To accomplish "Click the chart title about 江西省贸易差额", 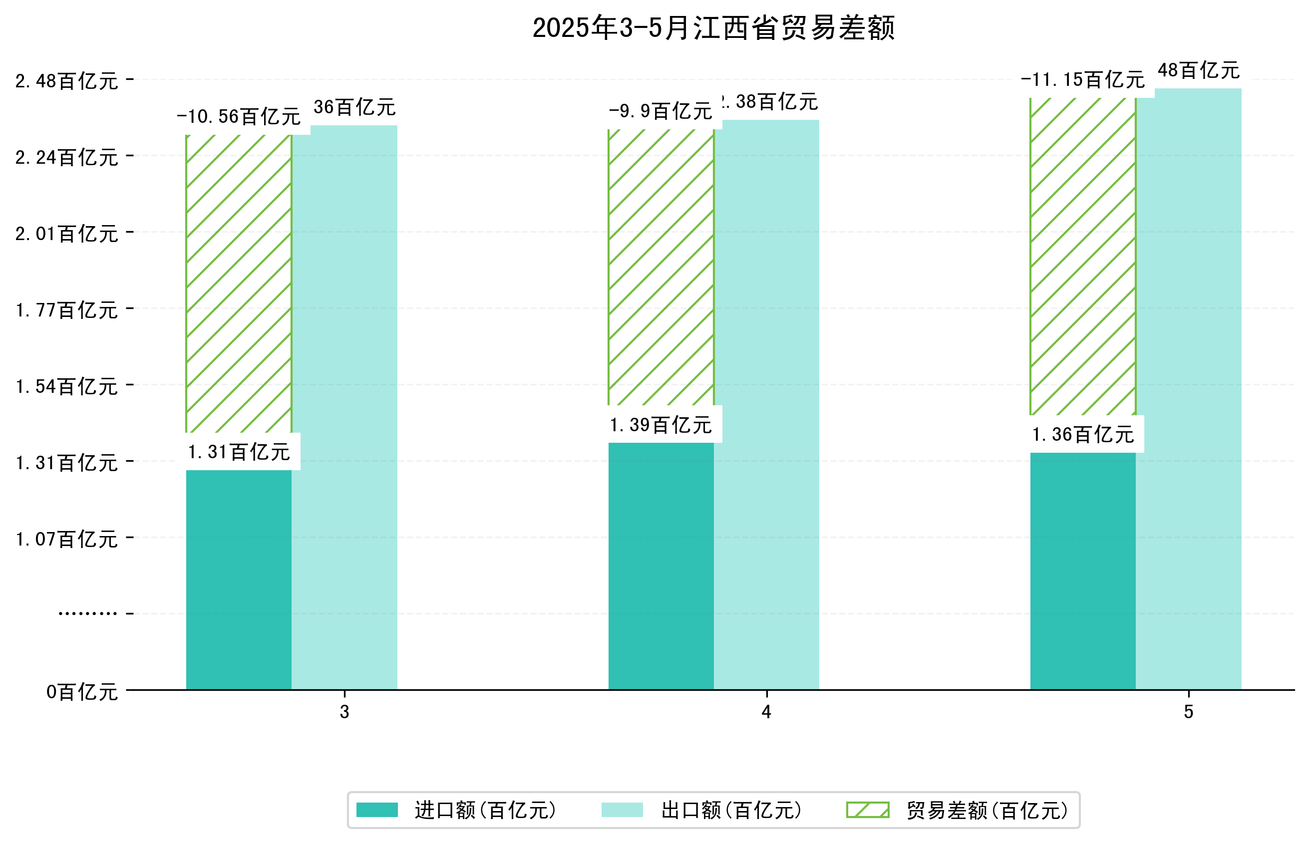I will (x=713, y=28).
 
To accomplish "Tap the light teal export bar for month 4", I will (x=766, y=405).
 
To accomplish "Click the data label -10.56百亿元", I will (x=239, y=117).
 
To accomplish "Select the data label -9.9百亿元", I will (x=661, y=112).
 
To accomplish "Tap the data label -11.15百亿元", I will (x=1082, y=80).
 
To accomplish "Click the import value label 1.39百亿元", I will (x=661, y=425).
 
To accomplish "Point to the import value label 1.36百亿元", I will (x=1082, y=435).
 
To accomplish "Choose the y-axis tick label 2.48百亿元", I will (x=67, y=81).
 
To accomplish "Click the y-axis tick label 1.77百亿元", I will (x=67, y=310).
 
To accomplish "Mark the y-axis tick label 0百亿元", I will (x=82, y=692).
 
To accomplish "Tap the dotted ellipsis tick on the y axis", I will (x=87, y=613).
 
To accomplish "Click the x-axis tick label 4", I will (x=766, y=712).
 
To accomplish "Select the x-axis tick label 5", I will (x=1188, y=712).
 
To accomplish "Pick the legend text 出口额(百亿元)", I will (x=731, y=810).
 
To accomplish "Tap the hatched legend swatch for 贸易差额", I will (x=867, y=810).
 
